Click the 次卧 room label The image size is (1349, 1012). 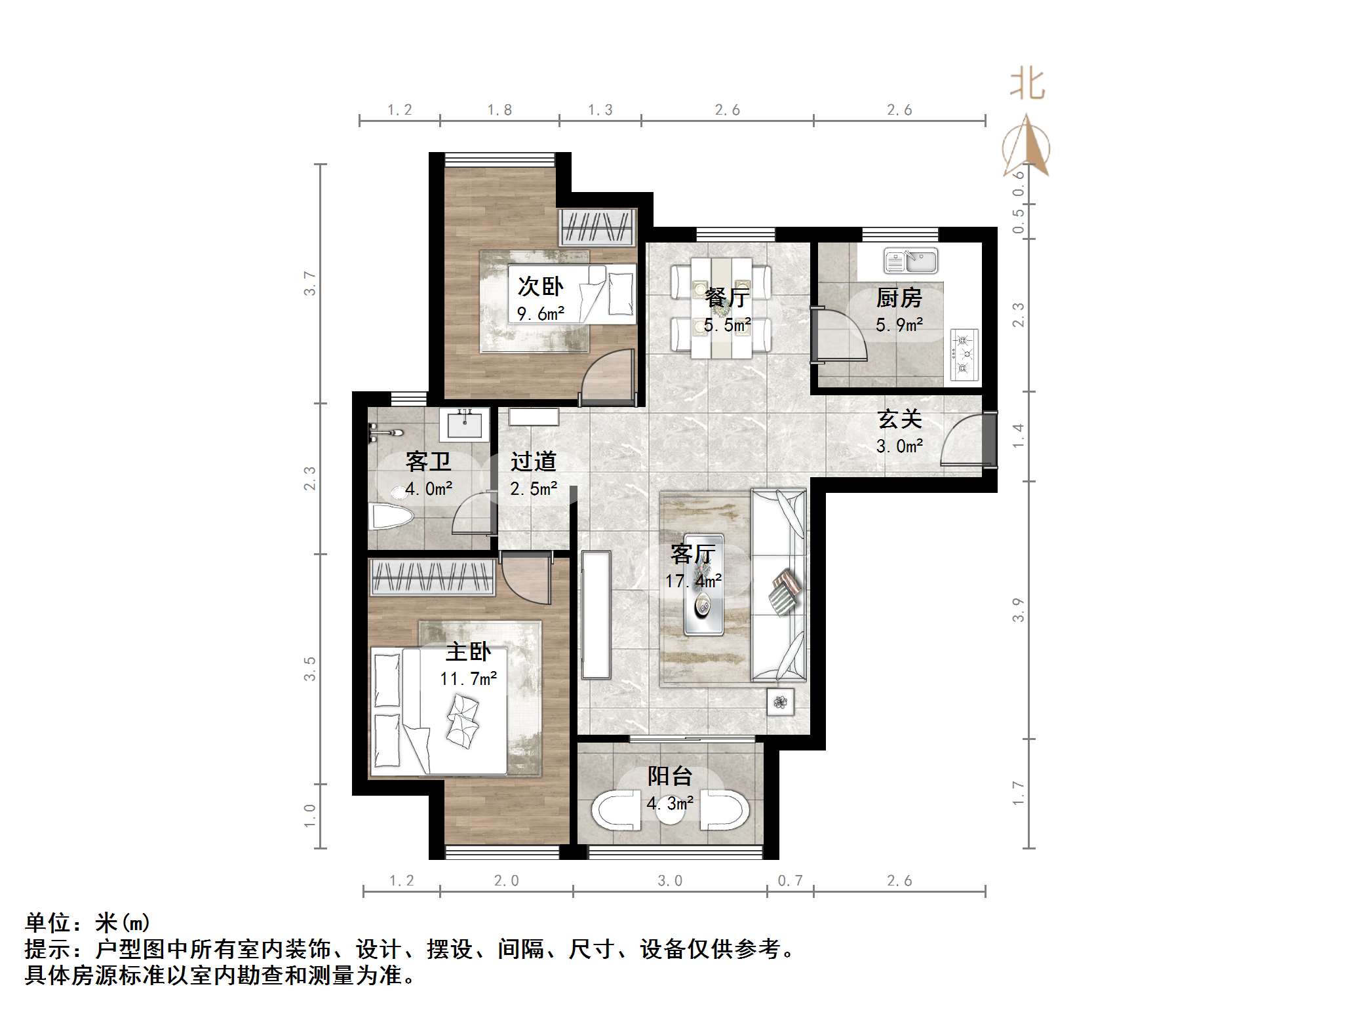pos(540,286)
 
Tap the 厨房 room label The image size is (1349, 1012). pos(899,298)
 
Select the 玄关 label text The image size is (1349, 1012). pos(899,419)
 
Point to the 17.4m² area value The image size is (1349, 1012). pos(694,581)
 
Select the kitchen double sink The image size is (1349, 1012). pos(910,260)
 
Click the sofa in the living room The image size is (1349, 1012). pos(779,585)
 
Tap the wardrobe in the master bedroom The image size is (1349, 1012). pos(433,577)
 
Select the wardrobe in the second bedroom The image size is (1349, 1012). pos(597,228)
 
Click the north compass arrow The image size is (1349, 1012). pos(1026,145)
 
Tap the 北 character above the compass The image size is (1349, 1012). pos(1027,85)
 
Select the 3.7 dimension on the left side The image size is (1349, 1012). pos(309,283)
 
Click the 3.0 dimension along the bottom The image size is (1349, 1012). pos(670,880)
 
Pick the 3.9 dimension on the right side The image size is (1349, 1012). pos(1017,610)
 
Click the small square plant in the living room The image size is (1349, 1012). pos(780,703)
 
